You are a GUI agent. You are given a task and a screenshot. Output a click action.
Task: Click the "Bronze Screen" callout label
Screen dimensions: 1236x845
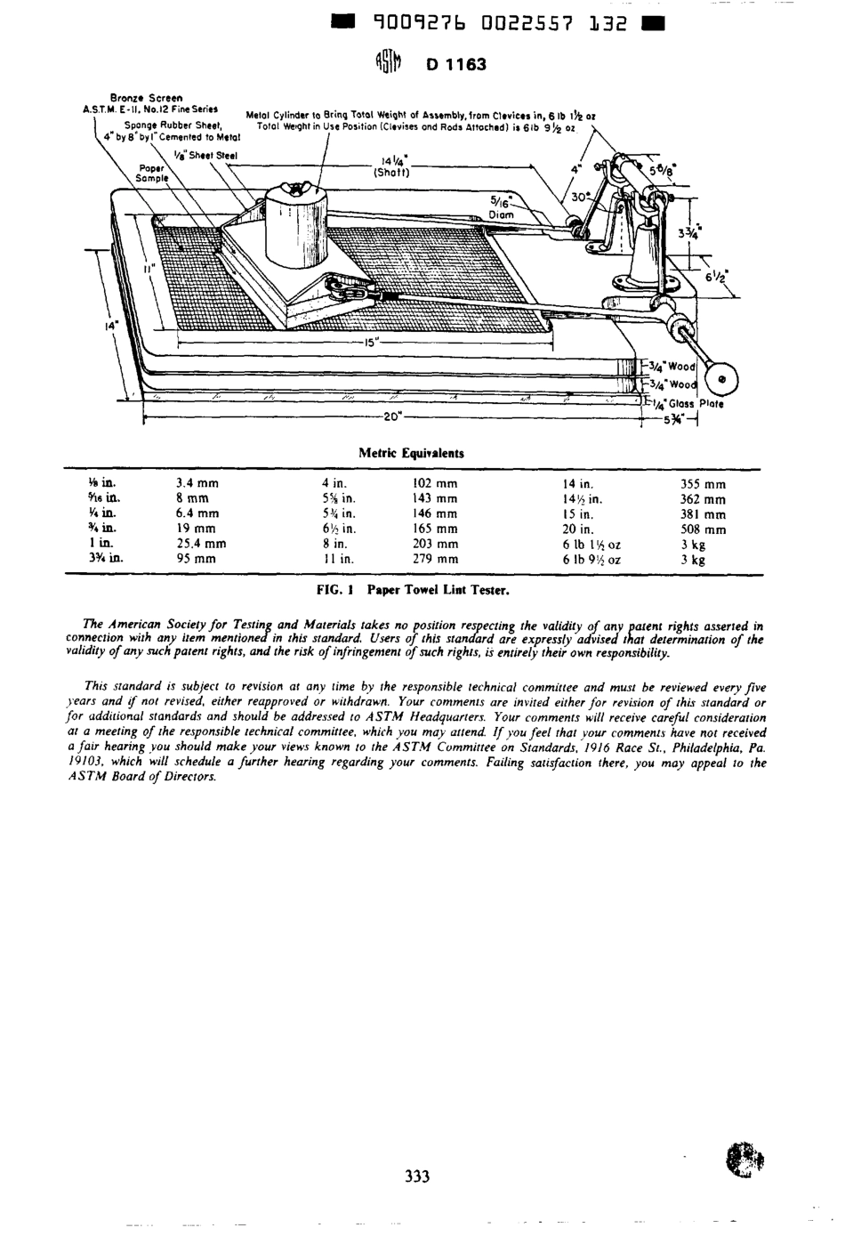(146, 97)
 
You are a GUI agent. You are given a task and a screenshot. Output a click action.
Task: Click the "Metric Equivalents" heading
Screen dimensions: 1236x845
(411, 453)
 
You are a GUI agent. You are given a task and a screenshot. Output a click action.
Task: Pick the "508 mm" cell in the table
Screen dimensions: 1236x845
(703, 529)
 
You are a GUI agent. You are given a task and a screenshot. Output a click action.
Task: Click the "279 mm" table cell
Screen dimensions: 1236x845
(435, 560)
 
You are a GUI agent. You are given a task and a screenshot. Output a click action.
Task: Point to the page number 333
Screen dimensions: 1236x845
(417, 1176)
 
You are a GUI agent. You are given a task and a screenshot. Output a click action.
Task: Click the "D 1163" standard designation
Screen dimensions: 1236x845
(456, 64)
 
